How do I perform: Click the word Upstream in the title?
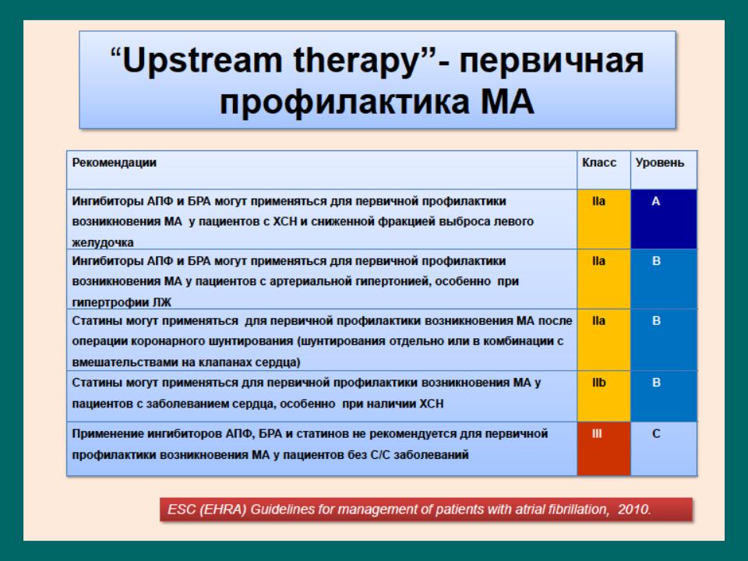203,62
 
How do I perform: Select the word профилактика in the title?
344,102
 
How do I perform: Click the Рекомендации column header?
114,163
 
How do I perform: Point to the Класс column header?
599,163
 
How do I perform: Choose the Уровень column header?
660,163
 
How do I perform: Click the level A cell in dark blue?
664,219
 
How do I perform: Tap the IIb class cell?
604,396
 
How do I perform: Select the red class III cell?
604,449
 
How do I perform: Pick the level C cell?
664,449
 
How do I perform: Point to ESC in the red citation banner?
182,510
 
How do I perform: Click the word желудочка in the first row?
103,242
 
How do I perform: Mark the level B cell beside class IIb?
664,396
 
